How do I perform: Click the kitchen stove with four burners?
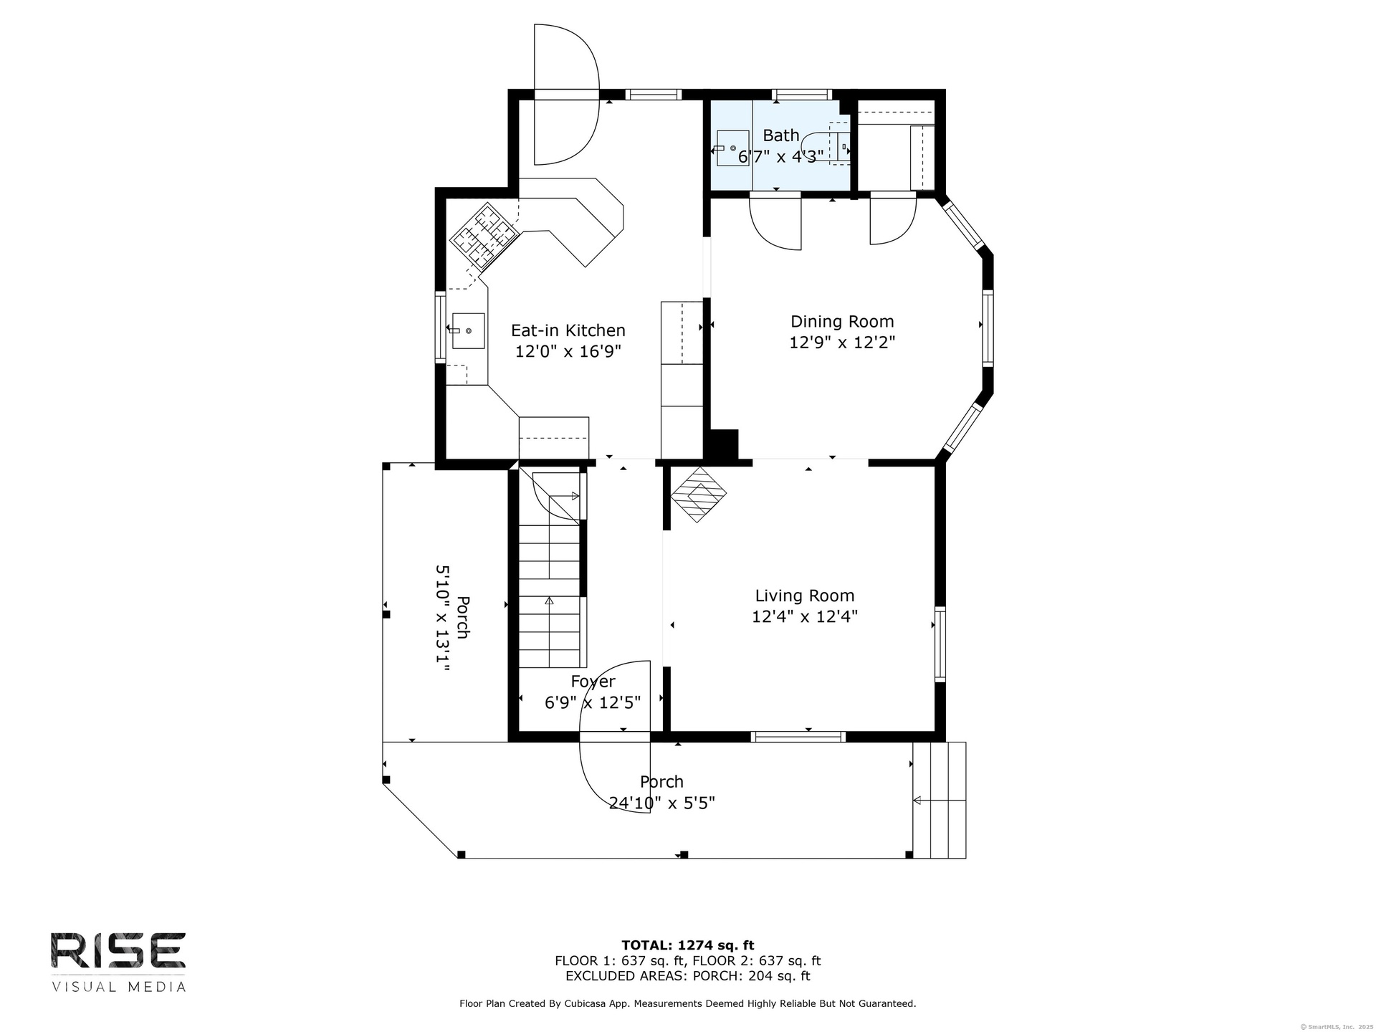[x=484, y=236]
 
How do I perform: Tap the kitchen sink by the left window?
[x=467, y=331]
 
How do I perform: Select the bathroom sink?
[x=732, y=148]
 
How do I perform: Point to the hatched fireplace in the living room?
[x=698, y=494]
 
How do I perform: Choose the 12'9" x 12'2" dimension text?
[x=842, y=343]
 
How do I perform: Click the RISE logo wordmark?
[x=118, y=951]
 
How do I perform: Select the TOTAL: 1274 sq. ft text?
[x=687, y=945]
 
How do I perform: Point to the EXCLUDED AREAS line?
[x=687, y=976]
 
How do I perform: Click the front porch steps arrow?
[x=939, y=801]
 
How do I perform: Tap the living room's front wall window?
[x=798, y=736]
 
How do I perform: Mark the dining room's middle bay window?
[x=988, y=328]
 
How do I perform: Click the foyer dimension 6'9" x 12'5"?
[x=593, y=702]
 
